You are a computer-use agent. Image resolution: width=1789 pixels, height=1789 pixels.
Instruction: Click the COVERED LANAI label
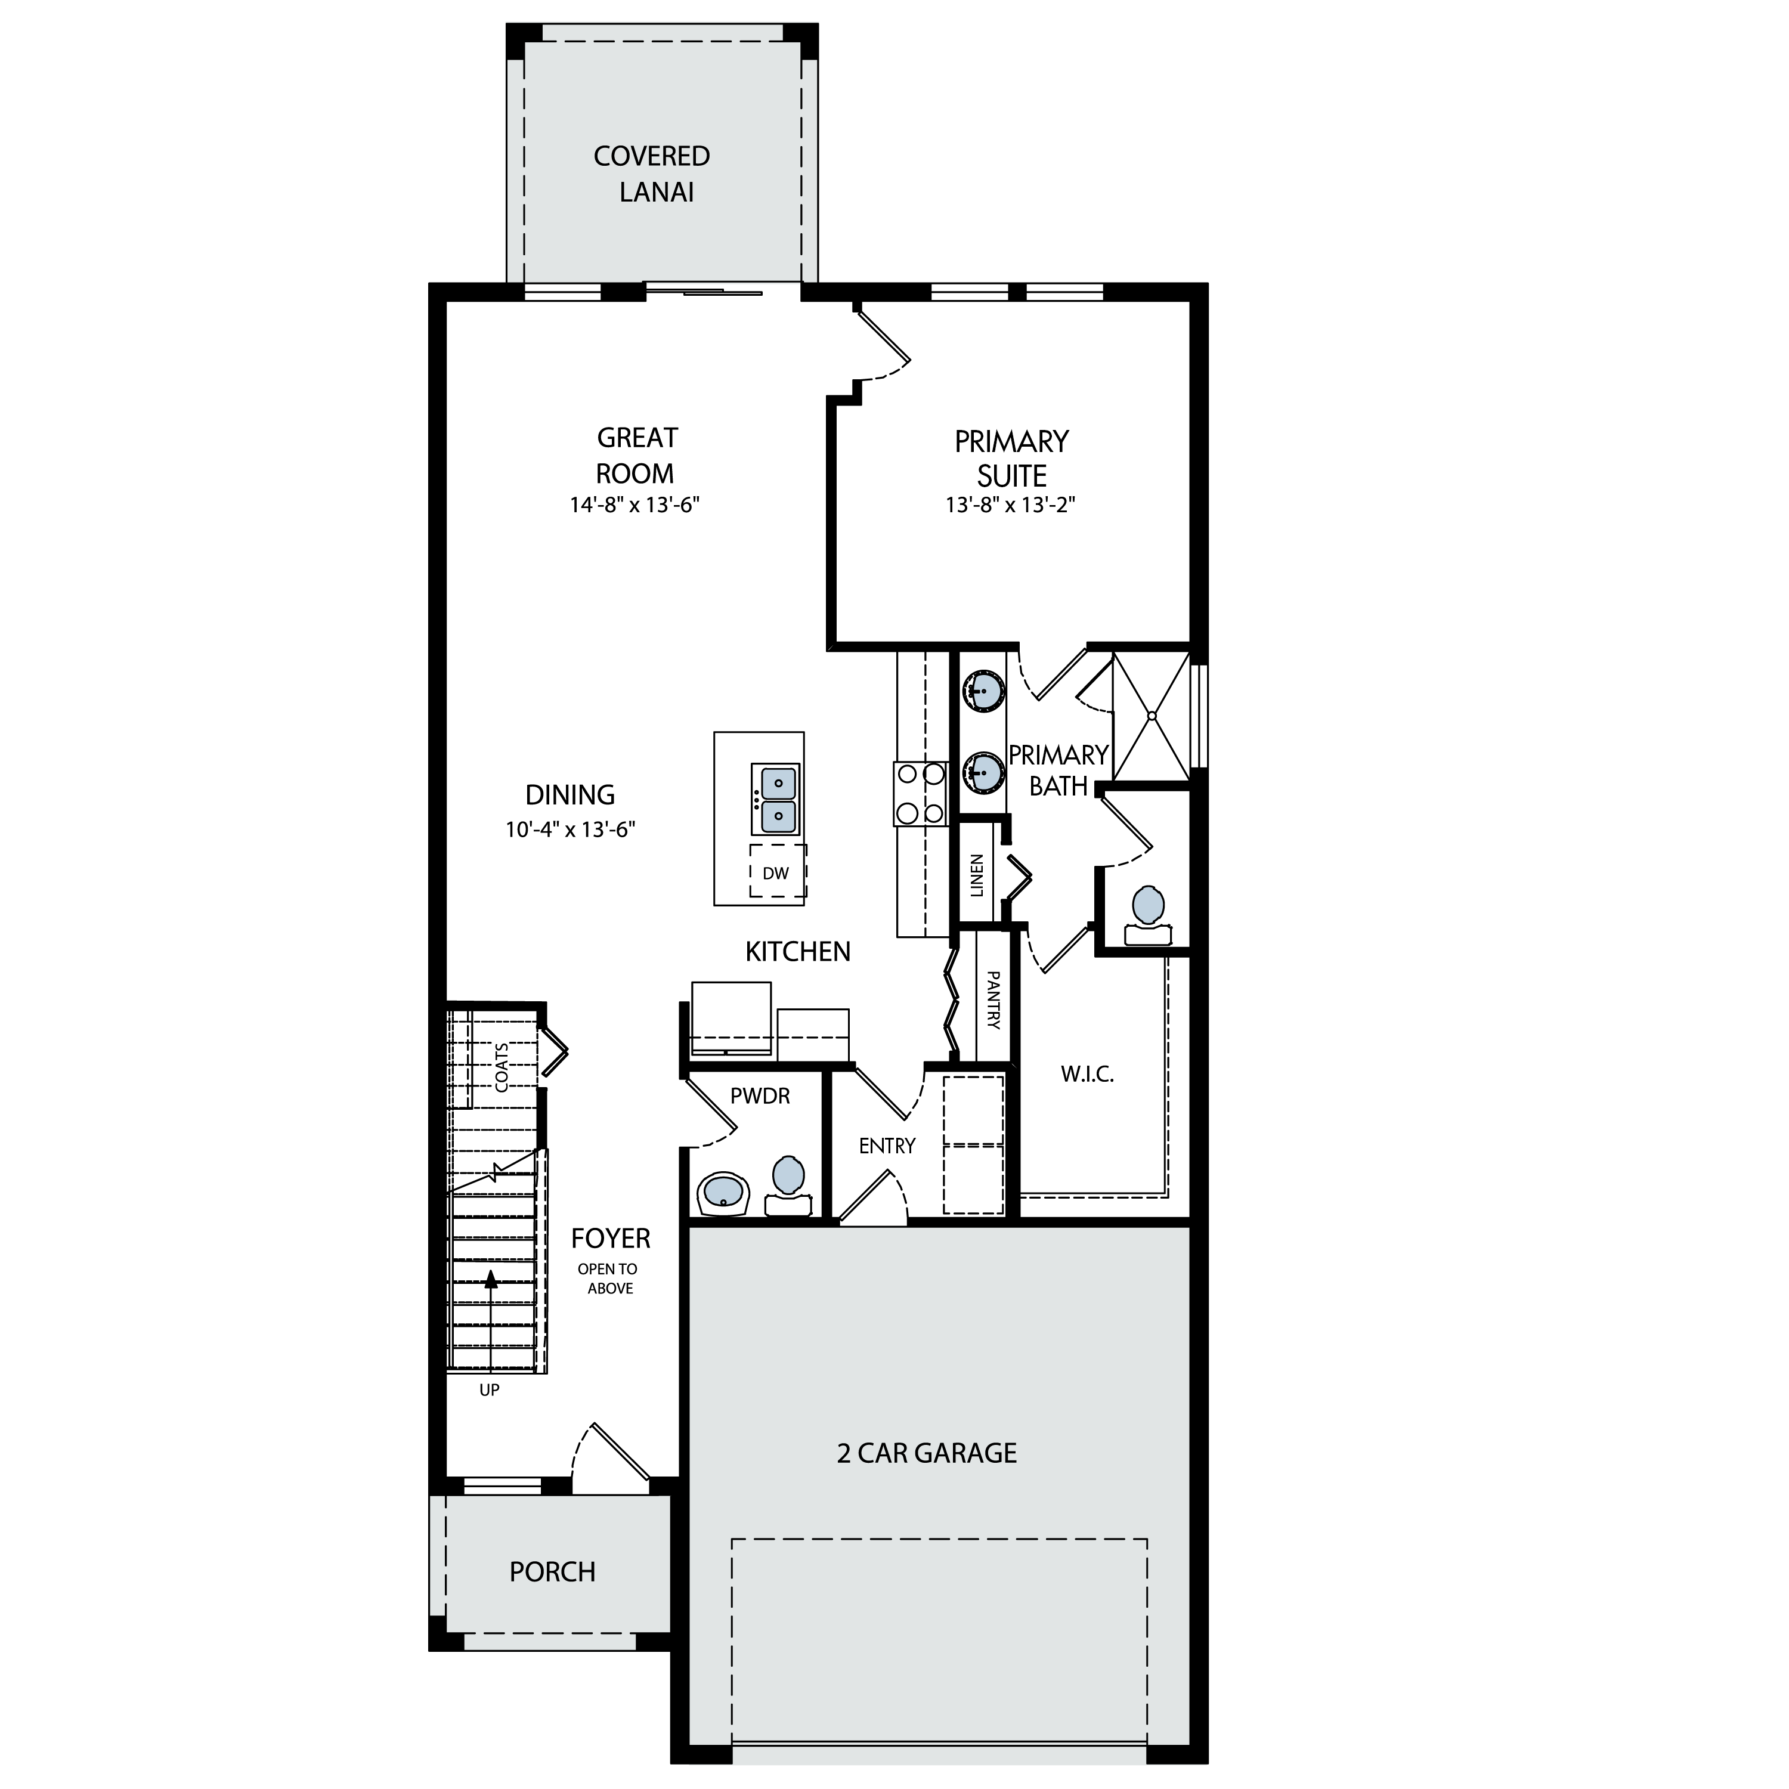click(652, 174)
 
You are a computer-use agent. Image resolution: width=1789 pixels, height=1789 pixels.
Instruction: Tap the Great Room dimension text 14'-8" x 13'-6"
click(634, 506)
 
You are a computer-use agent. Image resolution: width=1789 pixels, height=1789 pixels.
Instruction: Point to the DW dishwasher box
click(777, 871)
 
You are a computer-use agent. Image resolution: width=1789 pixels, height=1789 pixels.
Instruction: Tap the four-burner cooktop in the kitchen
click(920, 794)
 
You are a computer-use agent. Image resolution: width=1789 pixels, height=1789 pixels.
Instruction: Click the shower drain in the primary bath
click(1152, 716)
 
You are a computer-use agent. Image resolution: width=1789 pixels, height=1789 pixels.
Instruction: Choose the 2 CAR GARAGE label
click(927, 1453)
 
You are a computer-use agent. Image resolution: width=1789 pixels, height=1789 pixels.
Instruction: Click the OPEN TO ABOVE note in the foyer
click(608, 1279)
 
